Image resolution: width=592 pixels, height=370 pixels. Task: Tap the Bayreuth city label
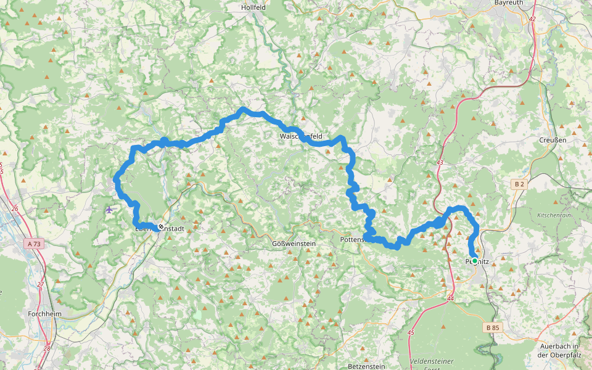pos(509,3)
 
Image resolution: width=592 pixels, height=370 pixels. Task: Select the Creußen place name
pos(553,140)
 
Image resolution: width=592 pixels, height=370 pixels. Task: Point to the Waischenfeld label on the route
pos(301,136)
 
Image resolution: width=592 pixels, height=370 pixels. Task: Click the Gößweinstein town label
pos(294,244)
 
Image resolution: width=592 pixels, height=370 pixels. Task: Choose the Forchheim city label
pos(44,313)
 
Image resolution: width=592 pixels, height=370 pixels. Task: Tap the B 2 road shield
pos(519,184)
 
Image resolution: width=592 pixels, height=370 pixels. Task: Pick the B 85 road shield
pos(492,327)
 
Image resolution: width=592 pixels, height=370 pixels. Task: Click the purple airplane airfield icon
pos(110,210)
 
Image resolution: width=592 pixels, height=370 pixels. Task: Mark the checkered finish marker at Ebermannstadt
pos(161,227)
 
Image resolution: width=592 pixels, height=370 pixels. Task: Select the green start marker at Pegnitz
pos(474,254)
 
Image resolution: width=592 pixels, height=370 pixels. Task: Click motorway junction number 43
pos(440,162)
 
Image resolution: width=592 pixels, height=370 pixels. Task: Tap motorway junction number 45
pos(411,332)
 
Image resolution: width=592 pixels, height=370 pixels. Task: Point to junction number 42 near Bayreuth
pos(532,20)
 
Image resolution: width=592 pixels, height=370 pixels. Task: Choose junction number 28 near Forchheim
pos(47,349)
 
